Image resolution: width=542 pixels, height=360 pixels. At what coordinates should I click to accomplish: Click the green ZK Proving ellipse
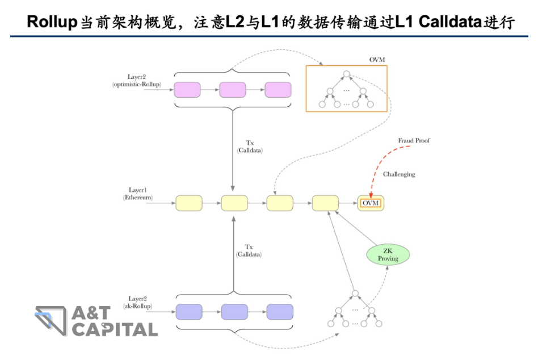388,255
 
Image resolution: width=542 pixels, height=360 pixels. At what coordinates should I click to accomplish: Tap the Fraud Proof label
414,140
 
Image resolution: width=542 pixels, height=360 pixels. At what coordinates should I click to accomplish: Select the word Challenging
398,174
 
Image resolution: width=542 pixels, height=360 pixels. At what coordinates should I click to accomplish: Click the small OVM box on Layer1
371,203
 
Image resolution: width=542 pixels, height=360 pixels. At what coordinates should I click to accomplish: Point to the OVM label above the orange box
377,60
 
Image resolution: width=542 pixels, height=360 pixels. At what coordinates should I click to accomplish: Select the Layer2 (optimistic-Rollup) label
137,81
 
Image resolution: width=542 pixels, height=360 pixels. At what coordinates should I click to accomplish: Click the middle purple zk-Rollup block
234,312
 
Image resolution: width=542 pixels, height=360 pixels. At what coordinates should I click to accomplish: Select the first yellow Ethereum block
189,203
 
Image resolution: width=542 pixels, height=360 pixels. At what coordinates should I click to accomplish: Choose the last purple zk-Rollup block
280,312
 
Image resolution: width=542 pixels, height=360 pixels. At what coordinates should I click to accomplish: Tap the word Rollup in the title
51,22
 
